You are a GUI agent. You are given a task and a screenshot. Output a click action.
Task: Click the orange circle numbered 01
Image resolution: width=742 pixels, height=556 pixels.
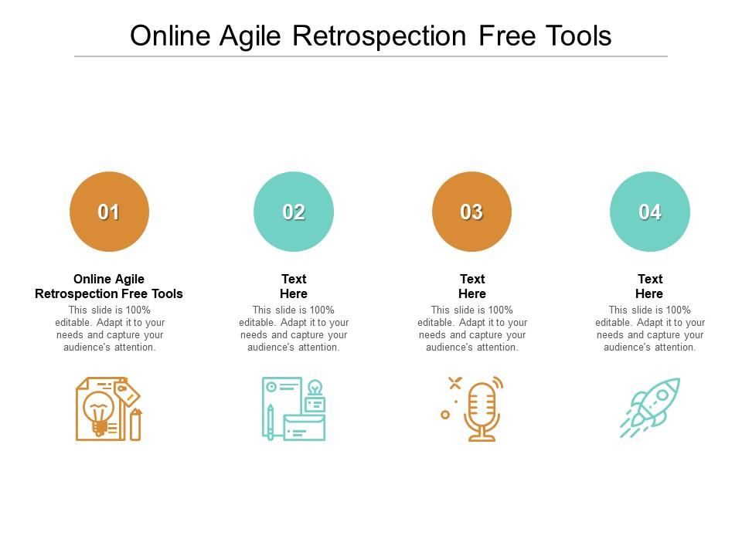pos(109,212)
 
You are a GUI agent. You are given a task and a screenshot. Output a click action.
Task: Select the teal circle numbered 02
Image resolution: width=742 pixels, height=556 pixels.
pos(294,212)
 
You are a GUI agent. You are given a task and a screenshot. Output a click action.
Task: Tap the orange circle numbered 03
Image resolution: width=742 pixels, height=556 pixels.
pos(471,212)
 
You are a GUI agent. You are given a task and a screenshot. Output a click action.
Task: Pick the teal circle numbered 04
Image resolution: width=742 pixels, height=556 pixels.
pos(650,212)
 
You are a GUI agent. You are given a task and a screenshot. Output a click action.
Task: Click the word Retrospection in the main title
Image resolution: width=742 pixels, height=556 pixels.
pos(379,36)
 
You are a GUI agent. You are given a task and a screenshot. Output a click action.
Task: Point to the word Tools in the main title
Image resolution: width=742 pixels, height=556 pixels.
pos(578,36)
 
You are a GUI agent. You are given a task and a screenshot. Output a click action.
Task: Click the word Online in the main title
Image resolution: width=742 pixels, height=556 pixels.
pos(170,36)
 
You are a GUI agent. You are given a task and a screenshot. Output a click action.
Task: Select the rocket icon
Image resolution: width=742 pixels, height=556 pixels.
pos(650,408)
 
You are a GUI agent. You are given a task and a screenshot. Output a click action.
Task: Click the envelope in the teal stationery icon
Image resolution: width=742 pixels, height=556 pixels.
pos(305,427)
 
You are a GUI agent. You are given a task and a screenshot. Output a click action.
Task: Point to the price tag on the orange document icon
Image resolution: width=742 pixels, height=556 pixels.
pos(127,392)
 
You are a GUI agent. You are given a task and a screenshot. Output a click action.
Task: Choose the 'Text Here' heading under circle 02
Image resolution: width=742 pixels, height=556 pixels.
pos(294,286)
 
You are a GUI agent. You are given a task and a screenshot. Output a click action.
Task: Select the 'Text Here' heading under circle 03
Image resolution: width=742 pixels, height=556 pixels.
pos(472,286)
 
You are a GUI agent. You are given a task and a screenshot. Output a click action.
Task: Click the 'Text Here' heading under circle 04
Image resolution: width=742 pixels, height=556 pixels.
pos(649,286)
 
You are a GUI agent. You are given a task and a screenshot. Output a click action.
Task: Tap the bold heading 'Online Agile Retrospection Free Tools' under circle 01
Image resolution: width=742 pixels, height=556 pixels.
pos(109,286)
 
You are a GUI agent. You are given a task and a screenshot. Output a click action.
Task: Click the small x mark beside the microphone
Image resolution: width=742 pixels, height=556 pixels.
pos(454,382)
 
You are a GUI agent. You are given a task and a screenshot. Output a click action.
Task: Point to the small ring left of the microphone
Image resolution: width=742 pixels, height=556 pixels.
pos(445,415)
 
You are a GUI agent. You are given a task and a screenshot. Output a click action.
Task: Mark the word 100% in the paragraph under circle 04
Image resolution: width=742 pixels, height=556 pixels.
pos(678,310)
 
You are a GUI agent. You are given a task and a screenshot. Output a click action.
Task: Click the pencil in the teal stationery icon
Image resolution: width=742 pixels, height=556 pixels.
pos(271,422)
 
